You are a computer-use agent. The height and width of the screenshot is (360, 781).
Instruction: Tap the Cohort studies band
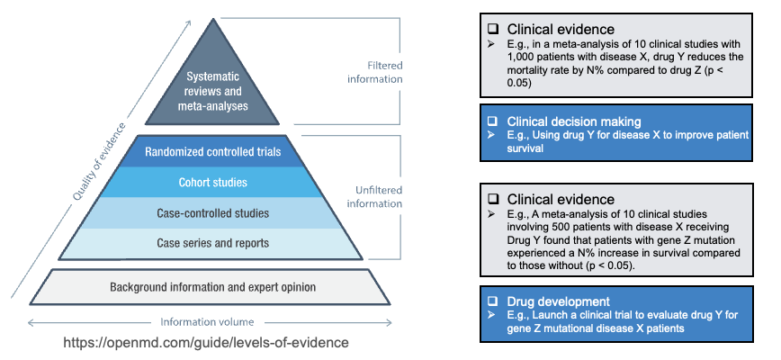pos(213,183)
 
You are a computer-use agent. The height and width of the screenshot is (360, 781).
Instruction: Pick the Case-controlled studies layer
pos(213,213)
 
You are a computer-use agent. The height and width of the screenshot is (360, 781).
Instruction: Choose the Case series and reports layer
pos(213,243)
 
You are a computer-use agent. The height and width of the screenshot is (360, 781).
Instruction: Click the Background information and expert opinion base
pos(213,287)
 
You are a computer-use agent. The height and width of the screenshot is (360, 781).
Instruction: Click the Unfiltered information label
pos(373,196)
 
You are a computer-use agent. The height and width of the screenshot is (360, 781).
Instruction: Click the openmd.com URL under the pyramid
pos(206,344)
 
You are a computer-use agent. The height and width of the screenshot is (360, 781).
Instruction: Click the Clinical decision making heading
pos(573,121)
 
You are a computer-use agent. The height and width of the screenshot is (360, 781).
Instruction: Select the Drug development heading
pos(558,301)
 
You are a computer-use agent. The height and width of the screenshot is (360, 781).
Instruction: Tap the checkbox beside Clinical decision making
pos(493,121)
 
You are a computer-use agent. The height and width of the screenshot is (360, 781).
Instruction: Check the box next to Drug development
pos(493,301)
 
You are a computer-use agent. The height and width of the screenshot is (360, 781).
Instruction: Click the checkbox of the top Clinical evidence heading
pos(493,29)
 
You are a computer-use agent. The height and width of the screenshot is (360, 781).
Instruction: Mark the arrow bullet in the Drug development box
pos(492,314)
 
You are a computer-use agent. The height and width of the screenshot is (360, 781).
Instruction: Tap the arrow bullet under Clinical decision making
pos(492,134)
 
